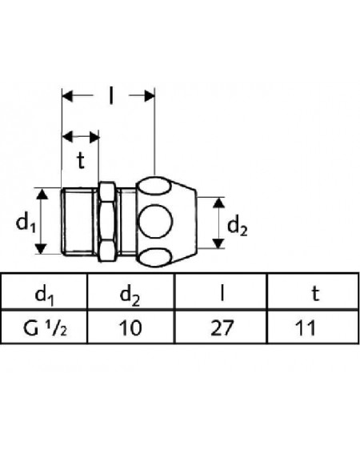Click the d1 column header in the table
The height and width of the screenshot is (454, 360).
coord(44,295)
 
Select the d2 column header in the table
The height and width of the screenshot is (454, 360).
coord(130,295)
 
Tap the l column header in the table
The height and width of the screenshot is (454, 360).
coord(222,293)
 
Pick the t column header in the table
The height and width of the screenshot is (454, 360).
coord(315,294)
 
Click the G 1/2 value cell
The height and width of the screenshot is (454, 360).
coord(45,328)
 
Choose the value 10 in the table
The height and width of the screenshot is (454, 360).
coord(131,328)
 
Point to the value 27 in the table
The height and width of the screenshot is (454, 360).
coord(222,328)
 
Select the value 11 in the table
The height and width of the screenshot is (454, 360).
coord(305,328)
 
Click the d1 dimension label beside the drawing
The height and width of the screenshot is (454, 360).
coord(26,223)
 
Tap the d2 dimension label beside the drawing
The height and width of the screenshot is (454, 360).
coord(238,227)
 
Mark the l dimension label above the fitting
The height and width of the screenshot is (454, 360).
coord(111,95)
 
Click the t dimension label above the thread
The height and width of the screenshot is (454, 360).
coord(81,160)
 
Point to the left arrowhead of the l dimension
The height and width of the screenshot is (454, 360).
coord(67,95)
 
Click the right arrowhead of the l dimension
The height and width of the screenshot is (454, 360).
coord(149,95)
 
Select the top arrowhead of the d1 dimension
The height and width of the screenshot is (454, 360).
coord(42,194)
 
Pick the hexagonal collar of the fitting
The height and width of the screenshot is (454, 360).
coord(106,222)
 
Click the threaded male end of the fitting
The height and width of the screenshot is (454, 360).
coord(78,222)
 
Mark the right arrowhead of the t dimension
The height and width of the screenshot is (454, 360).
coord(94,137)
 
